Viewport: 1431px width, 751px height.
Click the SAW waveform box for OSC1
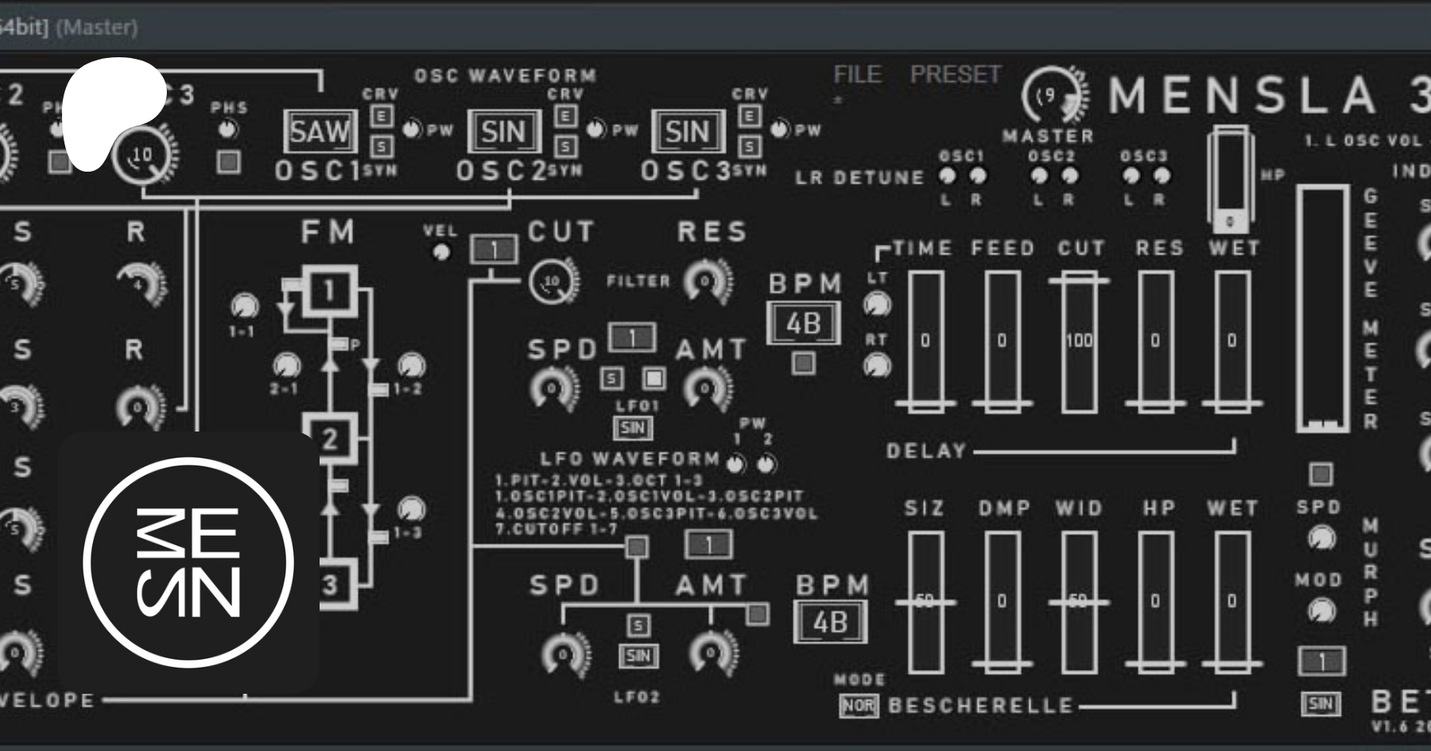click(320, 131)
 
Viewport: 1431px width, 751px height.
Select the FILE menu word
click(857, 75)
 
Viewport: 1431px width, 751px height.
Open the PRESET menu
click(955, 75)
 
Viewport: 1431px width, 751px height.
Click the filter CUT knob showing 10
click(551, 281)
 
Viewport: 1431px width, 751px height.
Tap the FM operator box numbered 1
click(328, 291)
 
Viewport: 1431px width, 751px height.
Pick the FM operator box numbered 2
click(328, 438)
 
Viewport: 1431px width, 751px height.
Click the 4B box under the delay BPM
click(803, 324)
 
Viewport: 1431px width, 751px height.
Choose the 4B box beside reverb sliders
click(830, 623)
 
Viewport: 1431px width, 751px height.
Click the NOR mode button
click(858, 706)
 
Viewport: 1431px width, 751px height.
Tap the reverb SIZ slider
click(925, 602)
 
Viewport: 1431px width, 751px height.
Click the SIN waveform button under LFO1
click(633, 428)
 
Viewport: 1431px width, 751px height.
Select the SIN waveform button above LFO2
click(638, 656)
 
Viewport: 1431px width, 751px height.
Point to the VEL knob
click(440, 253)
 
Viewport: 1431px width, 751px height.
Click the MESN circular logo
click(188, 563)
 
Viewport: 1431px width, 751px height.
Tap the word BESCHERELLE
click(980, 706)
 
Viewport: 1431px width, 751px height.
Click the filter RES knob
click(706, 281)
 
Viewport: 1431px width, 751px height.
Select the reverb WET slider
click(1231, 602)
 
